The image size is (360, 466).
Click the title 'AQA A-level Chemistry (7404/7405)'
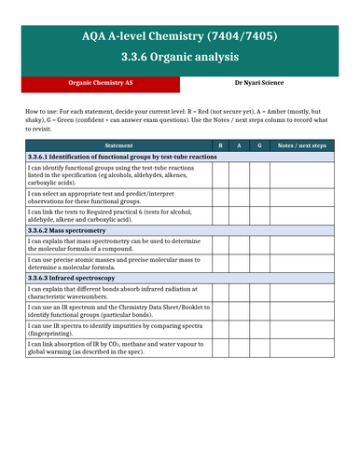[x=180, y=36]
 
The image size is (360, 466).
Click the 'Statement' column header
[x=118, y=146]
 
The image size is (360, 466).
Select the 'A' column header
[x=239, y=146]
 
